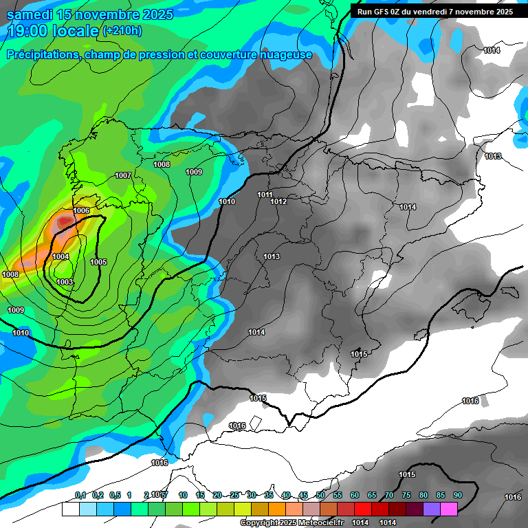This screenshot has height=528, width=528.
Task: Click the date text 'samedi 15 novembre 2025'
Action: click(x=90, y=14)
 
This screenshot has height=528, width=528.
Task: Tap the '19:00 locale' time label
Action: click(x=54, y=31)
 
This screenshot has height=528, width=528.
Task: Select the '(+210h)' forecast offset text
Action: click(x=122, y=31)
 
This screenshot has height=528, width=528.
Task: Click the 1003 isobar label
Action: click(x=65, y=282)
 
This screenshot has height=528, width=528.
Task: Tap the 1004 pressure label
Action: click(x=60, y=256)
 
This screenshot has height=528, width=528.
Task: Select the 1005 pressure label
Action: click(x=98, y=262)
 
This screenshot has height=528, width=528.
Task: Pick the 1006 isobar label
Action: click(x=81, y=210)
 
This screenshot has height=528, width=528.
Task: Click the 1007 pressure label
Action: click(x=123, y=176)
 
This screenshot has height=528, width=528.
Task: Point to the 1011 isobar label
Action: click(x=265, y=195)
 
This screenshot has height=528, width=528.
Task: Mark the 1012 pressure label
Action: click(x=278, y=201)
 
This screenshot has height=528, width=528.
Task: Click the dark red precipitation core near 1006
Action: click(x=65, y=221)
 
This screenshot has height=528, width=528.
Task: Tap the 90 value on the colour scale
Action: click(x=457, y=495)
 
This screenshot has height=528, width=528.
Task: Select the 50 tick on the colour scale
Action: click(x=320, y=495)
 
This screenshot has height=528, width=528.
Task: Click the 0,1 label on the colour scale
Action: click(x=80, y=495)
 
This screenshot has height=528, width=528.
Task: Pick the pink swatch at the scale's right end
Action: click(x=449, y=509)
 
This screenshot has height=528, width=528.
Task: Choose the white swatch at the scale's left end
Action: click(x=70, y=509)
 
